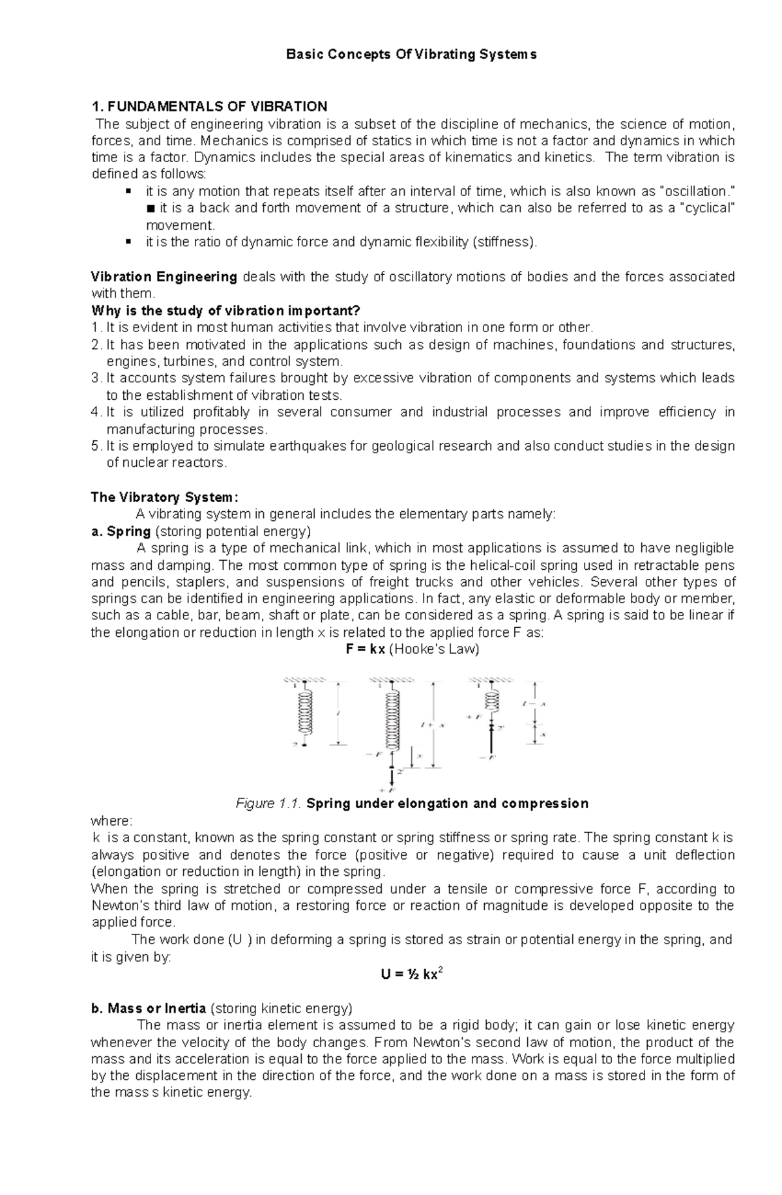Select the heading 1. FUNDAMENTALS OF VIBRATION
click(x=209, y=106)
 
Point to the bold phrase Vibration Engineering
click(x=164, y=277)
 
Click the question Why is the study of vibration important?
click(x=225, y=311)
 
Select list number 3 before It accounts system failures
click(x=96, y=378)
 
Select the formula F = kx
click(x=366, y=649)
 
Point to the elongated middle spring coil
click(x=392, y=720)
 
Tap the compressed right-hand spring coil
click(x=491, y=701)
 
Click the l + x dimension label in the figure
click(x=433, y=725)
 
